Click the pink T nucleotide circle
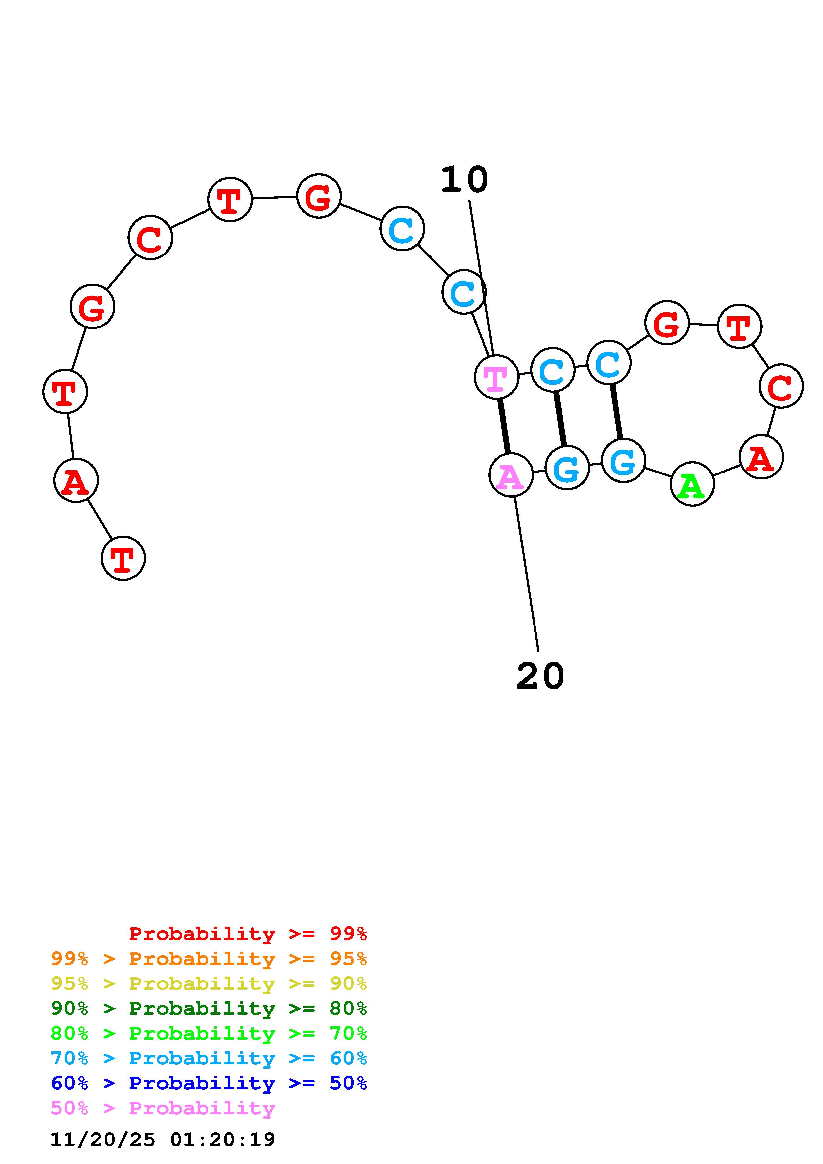(x=496, y=377)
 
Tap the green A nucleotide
(x=692, y=484)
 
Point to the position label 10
(x=464, y=180)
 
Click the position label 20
(x=540, y=676)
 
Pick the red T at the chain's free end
(x=123, y=558)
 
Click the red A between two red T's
(x=76, y=480)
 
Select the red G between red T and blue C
(x=318, y=196)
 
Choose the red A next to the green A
(x=761, y=457)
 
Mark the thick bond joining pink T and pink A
(x=504, y=426)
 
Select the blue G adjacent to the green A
(x=623, y=460)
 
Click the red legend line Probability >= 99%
(x=247, y=933)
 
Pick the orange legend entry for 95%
(x=208, y=959)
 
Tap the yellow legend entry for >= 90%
(x=208, y=983)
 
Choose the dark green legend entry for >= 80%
(x=208, y=1008)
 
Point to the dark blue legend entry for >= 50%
(x=208, y=1083)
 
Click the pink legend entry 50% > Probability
(x=163, y=1108)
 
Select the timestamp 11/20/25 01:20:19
(x=163, y=1139)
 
